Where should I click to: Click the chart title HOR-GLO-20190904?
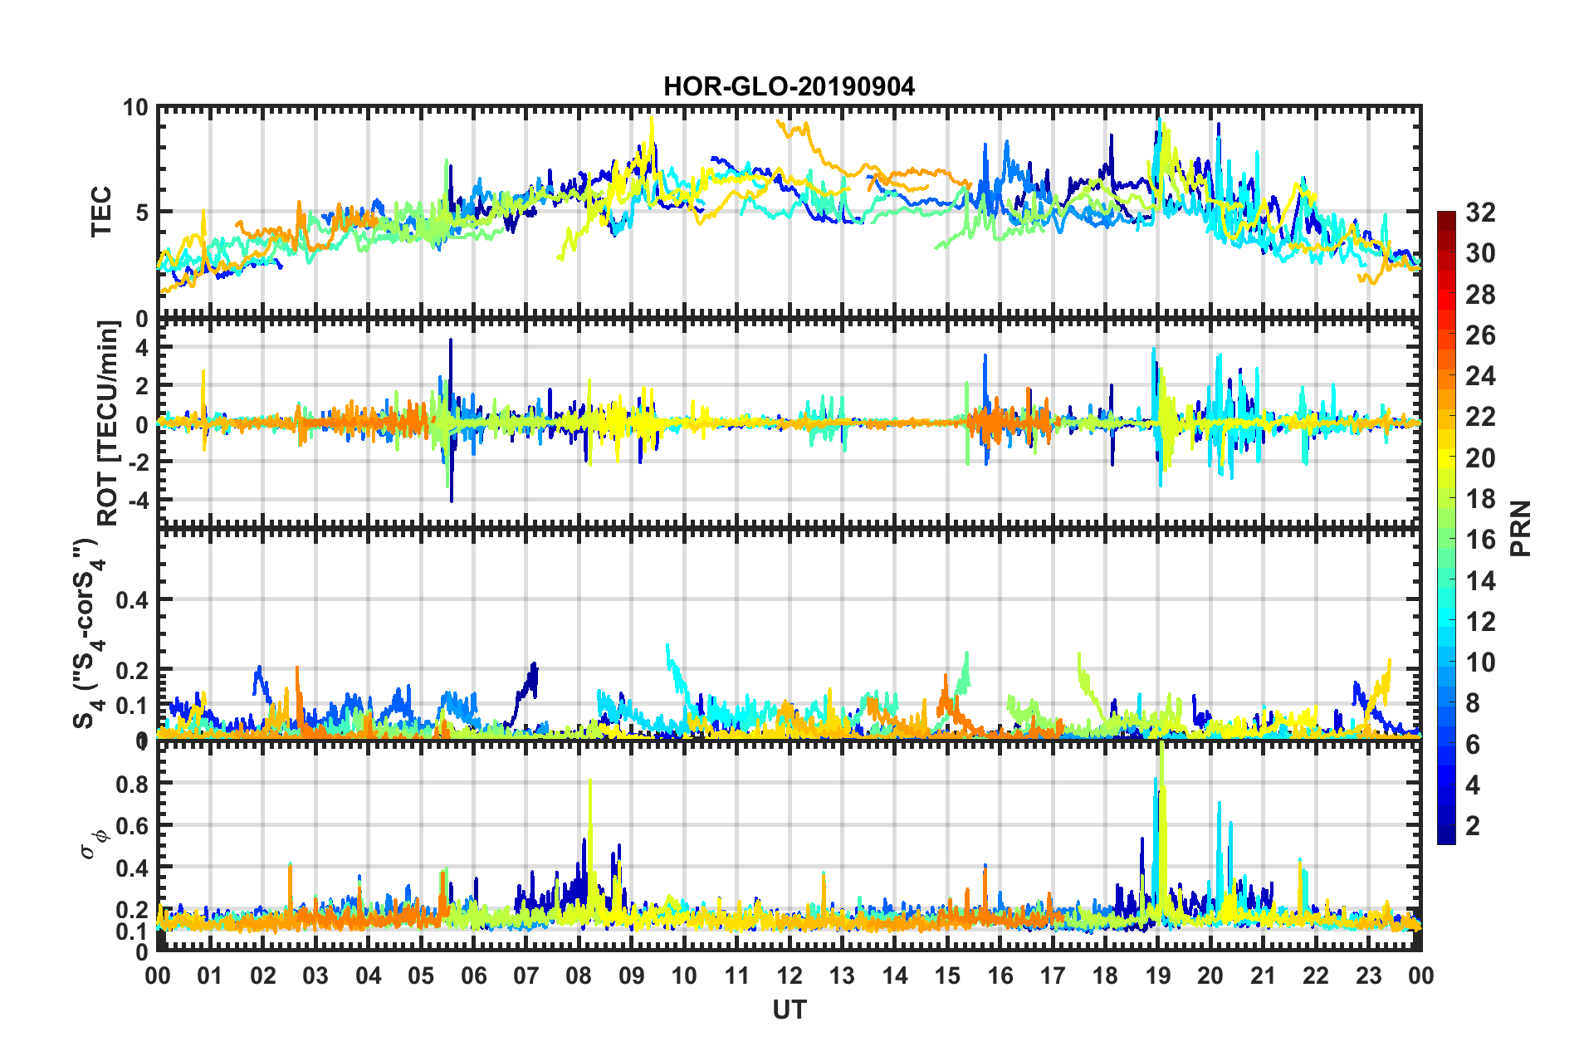[789, 86]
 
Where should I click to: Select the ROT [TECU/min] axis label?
[108, 423]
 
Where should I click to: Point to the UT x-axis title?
[789, 1010]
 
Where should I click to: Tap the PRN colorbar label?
[1520, 528]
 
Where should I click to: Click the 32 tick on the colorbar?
[1479, 213]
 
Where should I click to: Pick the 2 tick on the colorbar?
[1473, 825]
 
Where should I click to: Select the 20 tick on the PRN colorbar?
[1479, 457]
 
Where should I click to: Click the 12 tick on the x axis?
[789, 975]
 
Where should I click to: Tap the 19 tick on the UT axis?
[1158, 975]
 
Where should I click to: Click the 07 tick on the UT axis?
[526, 975]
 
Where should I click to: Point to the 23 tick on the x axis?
[1368, 975]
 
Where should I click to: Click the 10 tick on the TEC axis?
[134, 108]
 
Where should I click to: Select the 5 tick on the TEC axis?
[141, 213]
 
